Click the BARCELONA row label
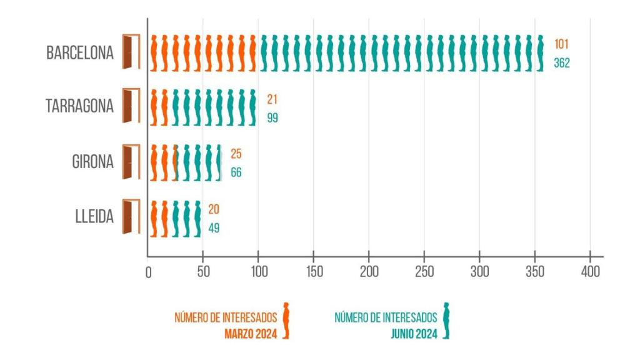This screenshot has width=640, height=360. pyautogui.click(x=80, y=52)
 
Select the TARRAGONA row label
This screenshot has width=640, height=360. pyautogui.click(x=80, y=106)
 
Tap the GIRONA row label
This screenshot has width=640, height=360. pyautogui.click(x=92, y=161)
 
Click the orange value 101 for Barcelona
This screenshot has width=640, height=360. pyautogui.click(x=561, y=45)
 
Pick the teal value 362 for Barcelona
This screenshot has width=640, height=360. pyautogui.click(x=561, y=63)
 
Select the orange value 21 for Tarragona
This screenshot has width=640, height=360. pyautogui.click(x=272, y=99)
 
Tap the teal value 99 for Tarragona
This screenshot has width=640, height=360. pyautogui.click(x=272, y=117)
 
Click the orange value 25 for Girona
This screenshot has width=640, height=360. pyautogui.click(x=236, y=154)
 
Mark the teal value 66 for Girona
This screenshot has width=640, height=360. pyautogui.click(x=236, y=172)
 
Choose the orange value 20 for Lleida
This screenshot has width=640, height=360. pyautogui.click(x=214, y=209)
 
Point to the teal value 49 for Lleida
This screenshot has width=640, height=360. pyautogui.click(x=214, y=227)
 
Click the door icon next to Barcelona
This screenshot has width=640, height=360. pyautogui.click(x=131, y=52)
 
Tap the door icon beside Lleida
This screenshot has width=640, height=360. pyautogui.click(x=131, y=217)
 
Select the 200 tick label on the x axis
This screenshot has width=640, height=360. pyautogui.click(x=369, y=272)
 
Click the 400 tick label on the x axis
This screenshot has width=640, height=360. pyautogui.click(x=590, y=272)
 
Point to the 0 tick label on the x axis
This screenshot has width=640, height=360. pyautogui.click(x=148, y=272)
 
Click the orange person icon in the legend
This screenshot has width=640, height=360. pyautogui.click(x=286, y=320)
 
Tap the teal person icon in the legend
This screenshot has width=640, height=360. pyautogui.click(x=446, y=320)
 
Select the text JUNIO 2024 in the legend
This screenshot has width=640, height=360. pyautogui.click(x=414, y=333)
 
